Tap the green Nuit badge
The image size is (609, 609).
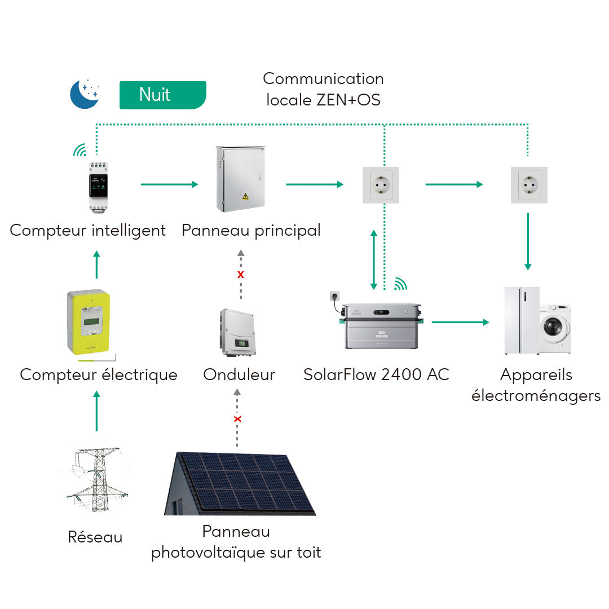(x=162, y=95)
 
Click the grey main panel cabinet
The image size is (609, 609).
(x=240, y=179)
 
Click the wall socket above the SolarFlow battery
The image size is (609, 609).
(x=381, y=184)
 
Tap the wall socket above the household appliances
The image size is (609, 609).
(x=528, y=184)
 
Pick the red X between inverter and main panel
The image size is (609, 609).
(x=241, y=275)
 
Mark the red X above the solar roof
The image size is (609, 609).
(x=237, y=419)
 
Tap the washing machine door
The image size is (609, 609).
(x=553, y=327)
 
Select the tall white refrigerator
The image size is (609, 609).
(x=522, y=321)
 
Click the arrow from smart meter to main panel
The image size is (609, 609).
(x=169, y=184)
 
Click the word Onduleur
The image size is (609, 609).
(x=239, y=374)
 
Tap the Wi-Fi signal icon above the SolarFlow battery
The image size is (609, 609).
(x=400, y=283)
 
